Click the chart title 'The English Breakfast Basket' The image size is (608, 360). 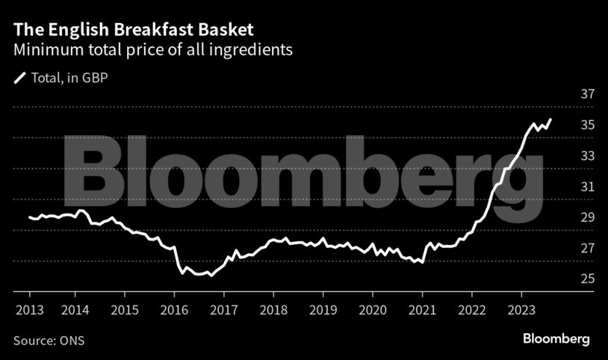click(x=133, y=31)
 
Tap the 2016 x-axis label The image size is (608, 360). click(x=175, y=308)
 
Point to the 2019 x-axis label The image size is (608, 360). click(x=323, y=308)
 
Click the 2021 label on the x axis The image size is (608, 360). click(x=423, y=308)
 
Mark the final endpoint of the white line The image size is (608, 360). click(x=551, y=120)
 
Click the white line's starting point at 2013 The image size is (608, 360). click(x=29, y=217)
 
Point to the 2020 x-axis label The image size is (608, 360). click(x=373, y=308)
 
